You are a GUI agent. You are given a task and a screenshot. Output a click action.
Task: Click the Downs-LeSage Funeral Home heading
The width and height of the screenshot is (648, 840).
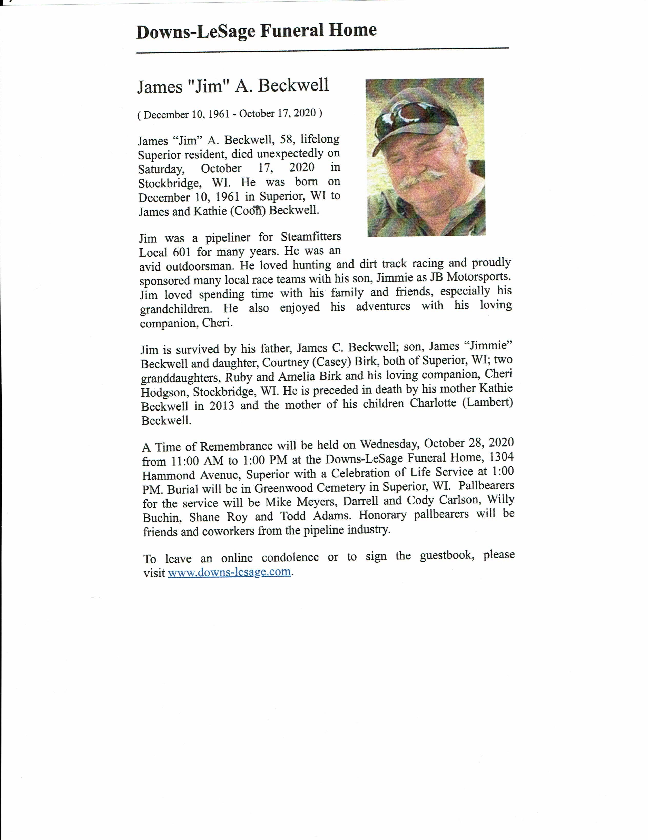tap(256, 31)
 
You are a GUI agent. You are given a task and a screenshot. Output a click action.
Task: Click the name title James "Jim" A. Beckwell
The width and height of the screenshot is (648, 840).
tap(233, 85)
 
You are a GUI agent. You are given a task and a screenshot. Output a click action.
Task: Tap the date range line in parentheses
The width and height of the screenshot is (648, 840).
tap(230, 114)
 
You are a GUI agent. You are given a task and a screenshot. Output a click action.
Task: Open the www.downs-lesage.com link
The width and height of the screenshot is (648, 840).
tap(229, 572)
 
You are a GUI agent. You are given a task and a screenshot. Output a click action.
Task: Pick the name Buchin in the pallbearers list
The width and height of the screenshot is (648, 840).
tap(162, 518)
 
